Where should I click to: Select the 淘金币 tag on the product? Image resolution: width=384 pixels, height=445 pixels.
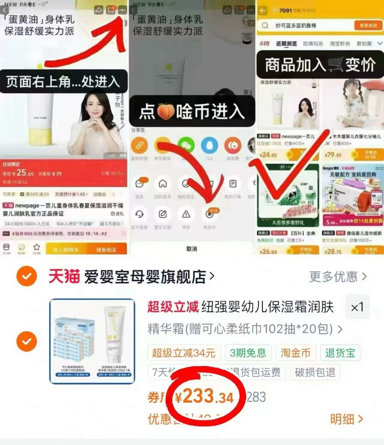pos(295,353)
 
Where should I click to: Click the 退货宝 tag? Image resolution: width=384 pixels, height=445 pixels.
pos(340,353)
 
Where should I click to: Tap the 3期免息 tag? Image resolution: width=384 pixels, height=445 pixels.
pos(248,353)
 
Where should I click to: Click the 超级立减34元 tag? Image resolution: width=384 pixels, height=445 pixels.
pos(184,353)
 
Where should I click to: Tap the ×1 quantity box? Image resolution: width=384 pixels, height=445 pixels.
pos(357,307)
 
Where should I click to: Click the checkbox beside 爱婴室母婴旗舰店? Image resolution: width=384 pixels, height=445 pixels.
pos(27,276)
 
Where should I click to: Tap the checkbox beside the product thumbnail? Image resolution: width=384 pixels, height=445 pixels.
pos(27,341)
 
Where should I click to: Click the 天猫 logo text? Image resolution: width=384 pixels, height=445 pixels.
pos(64,276)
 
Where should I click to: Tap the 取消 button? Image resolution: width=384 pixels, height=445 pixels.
pos(192,249)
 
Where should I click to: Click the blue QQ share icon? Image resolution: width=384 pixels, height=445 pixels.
pos(209,146)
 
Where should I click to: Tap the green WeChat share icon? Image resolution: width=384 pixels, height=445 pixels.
pos(186,146)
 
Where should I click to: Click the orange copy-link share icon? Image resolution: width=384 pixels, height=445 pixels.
pos(139,146)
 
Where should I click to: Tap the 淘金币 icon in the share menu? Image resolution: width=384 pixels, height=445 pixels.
pos(210,214)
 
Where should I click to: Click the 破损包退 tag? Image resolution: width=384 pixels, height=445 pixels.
pos(315,372)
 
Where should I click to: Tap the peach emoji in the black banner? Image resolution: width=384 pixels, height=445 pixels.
pos(166,112)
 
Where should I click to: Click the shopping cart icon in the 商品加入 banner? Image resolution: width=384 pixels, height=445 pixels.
pos(335,65)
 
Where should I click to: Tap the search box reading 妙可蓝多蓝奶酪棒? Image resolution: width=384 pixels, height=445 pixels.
pos(306,26)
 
